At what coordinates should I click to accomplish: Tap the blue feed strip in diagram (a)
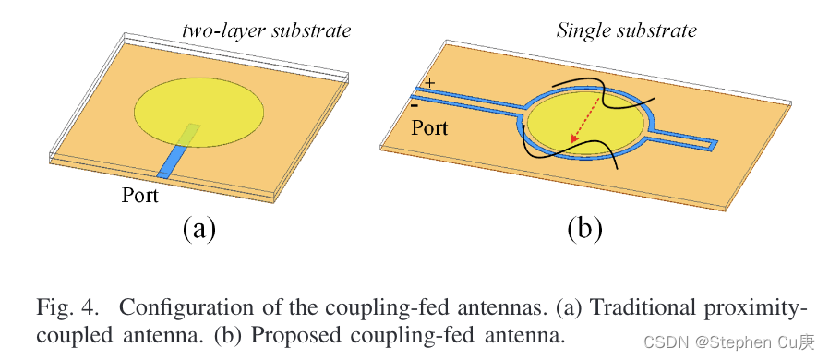tap(171, 162)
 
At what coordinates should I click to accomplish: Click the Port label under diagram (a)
tap(140, 196)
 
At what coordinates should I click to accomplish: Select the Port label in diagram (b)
tap(429, 127)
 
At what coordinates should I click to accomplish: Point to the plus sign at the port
tap(429, 84)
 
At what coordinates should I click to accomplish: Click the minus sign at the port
tap(416, 106)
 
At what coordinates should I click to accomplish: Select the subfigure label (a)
tap(199, 227)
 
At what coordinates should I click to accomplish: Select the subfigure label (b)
tap(584, 227)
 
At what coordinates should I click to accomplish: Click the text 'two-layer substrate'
tap(266, 31)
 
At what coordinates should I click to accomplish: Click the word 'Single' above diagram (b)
tap(581, 31)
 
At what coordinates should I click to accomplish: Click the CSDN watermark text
tap(728, 342)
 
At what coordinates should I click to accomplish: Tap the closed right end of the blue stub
tap(714, 145)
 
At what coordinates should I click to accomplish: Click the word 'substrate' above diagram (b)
tap(659, 31)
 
